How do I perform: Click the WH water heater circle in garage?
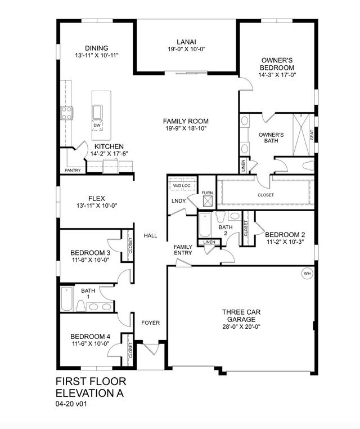[x=307, y=273]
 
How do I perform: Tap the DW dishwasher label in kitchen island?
[x=97, y=125]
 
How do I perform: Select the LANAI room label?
[x=186, y=41]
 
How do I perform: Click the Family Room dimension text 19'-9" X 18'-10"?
[x=186, y=129]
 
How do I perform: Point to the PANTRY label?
[x=73, y=170]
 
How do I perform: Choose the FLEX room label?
[x=96, y=198]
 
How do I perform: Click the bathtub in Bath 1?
[x=66, y=300]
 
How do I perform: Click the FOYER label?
[x=150, y=323]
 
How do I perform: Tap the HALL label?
[x=150, y=235]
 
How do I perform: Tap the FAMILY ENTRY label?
[x=183, y=250]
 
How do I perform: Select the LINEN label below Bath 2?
[x=209, y=242]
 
